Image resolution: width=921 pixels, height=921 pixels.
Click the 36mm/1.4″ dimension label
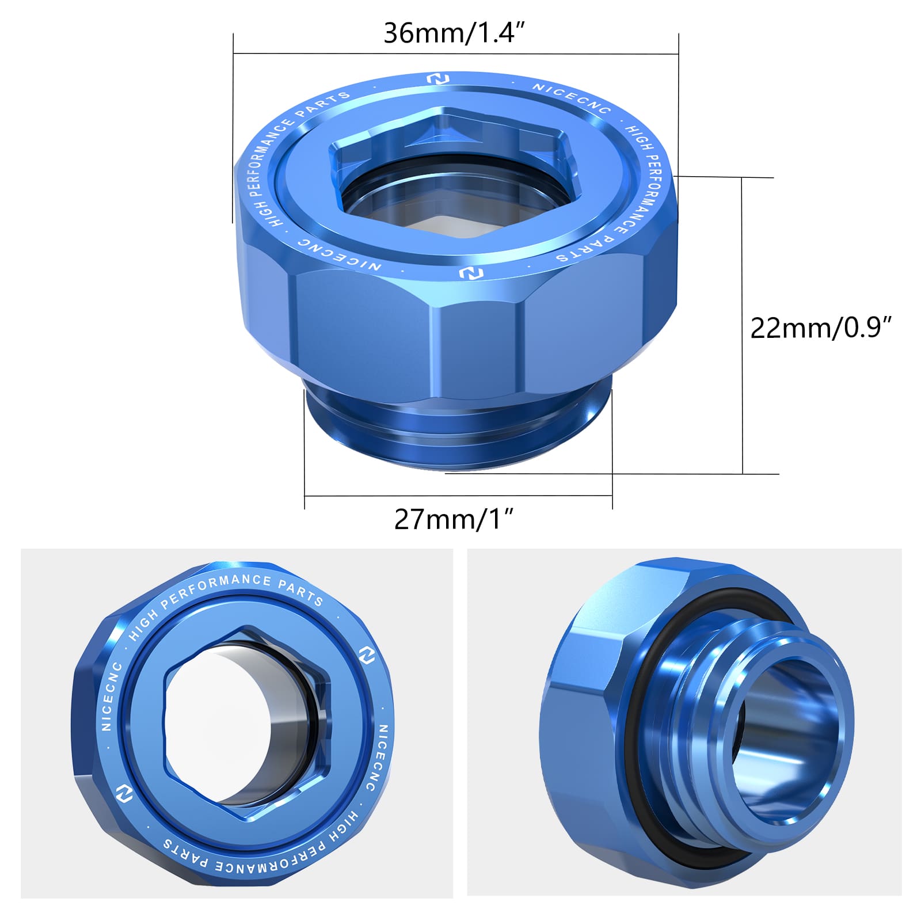click(x=454, y=33)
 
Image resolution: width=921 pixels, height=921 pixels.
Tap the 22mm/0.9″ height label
click(x=820, y=328)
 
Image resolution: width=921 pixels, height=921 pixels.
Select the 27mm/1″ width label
click(x=453, y=519)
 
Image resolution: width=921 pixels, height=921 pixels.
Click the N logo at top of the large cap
click(x=438, y=79)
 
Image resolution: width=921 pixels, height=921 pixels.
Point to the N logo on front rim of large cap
click(x=471, y=273)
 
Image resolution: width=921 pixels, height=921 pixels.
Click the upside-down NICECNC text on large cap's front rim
click(x=340, y=255)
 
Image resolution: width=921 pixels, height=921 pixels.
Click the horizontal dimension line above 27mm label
click(x=458, y=495)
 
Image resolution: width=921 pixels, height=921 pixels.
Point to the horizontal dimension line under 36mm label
click(x=455, y=54)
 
